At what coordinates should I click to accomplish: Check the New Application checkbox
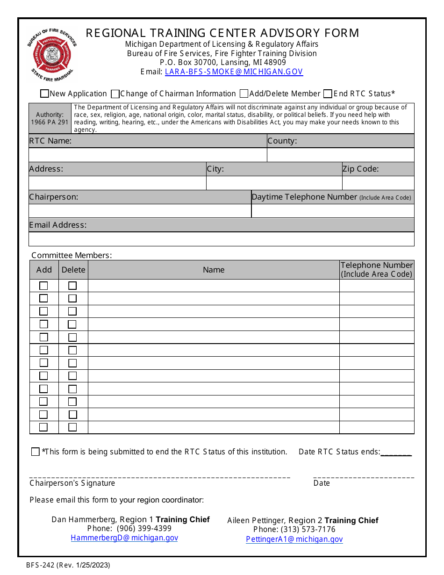[x=44, y=94]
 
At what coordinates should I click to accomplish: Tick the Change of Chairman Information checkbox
[x=115, y=94]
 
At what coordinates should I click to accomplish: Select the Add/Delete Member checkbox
[x=244, y=94]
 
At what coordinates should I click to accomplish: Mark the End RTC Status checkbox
[x=328, y=94]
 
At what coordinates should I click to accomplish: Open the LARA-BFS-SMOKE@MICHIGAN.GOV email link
[x=234, y=72]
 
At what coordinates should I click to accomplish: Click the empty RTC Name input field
[x=147, y=155]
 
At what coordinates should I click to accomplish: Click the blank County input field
[x=340, y=155]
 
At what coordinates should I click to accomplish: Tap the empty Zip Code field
[x=378, y=183]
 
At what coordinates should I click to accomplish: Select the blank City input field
[x=274, y=183]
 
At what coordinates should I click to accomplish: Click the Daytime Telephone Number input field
[x=333, y=211]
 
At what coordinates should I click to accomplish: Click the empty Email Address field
[x=221, y=239]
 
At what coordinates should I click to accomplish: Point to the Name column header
[x=214, y=270]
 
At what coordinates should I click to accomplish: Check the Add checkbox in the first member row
[x=43, y=286]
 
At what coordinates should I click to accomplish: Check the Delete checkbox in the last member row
[x=72, y=427]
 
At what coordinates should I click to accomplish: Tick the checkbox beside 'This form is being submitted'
[x=36, y=452]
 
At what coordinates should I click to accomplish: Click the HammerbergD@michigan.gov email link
[x=124, y=538]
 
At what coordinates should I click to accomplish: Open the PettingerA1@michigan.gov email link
[x=294, y=539]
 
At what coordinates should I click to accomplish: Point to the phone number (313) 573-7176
[x=308, y=530]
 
